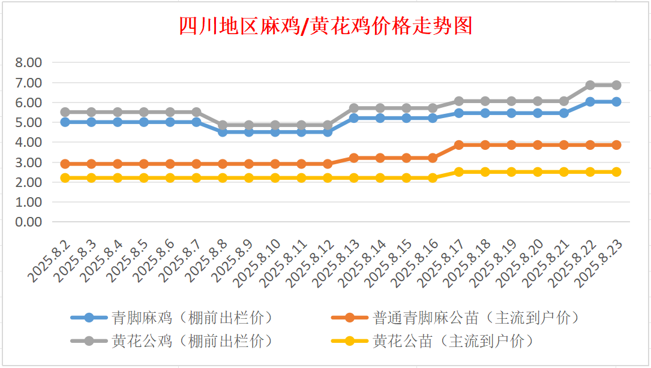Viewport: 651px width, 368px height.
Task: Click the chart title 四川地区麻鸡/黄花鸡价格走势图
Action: pyautogui.click(x=326, y=26)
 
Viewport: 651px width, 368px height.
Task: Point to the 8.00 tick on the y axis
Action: pyautogui.click(x=28, y=62)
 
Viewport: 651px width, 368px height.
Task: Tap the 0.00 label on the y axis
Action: pyautogui.click(x=28, y=222)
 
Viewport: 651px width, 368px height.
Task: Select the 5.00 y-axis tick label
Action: pyautogui.click(x=28, y=122)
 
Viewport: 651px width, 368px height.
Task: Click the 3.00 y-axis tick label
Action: pyautogui.click(x=28, y=162)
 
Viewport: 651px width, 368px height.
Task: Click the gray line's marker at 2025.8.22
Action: pyautogui.click(x=590, y=85)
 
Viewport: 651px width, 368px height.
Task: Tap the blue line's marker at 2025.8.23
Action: pyautogui.click(x=616, y=102)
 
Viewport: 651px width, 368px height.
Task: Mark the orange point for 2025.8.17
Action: pyautogui.click(x=459, y=145)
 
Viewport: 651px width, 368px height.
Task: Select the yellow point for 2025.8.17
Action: pyautogui.click(x=459, y=172)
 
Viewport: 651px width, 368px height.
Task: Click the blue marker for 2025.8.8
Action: pyautogui.click(x=223, y=132)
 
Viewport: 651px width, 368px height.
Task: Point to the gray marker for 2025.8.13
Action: pyautogui.click(x=354, y=108)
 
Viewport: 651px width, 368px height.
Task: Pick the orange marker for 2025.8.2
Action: pyautogui.click(x=65, y=164)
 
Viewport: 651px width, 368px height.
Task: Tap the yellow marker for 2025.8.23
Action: pyautogui.click(x=616, y=172)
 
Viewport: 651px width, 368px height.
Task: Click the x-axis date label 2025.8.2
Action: pyautogui.click(x=51, y=261)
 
